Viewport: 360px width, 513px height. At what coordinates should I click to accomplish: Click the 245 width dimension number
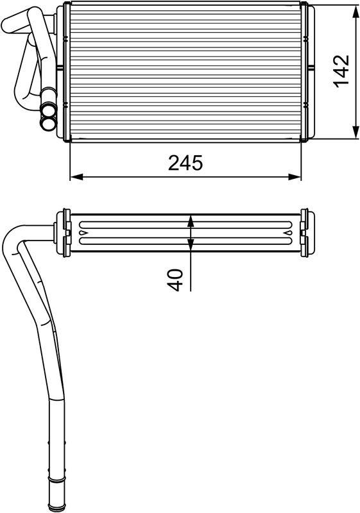point(185,163)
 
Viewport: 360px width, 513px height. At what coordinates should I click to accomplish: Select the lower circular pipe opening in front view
point(48,119)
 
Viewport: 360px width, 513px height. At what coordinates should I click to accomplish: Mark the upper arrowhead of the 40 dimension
point(190,220)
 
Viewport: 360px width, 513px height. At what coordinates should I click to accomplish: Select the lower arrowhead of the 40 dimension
point(190,246)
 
